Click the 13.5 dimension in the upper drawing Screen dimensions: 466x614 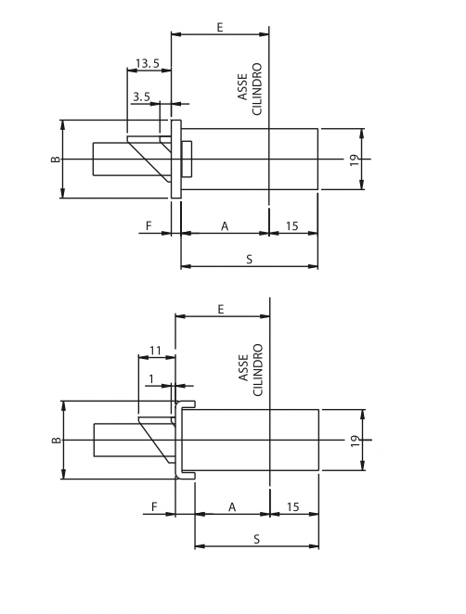coord(148,63)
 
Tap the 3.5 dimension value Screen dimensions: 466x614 coord(141,96)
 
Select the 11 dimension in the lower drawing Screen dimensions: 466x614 coord(155,350)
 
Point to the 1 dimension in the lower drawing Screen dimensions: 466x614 coord(151,379)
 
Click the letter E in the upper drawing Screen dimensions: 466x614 coord(220,28)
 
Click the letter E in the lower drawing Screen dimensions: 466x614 coord(221,310)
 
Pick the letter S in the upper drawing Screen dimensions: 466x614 coord(250,259)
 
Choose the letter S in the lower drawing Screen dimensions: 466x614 coord(257,539)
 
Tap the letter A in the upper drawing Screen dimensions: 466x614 coord(225,226)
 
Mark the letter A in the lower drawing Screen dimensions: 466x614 coord(232,507)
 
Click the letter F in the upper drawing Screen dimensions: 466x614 coord(149,226)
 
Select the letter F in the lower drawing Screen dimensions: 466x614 coord(154,506)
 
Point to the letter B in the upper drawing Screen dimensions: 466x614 coord(56,159)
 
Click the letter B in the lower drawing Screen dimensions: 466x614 coord(57,441)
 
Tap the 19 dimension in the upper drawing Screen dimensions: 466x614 coord(355,160)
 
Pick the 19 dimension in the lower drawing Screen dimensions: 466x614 coord(356,441)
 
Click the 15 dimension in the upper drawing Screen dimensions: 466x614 coord(292,226)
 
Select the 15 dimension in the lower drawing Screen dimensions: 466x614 coord(292,507)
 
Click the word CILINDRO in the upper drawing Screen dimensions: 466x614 coord(257,89)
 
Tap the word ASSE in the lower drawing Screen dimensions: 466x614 coord(243,367)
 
